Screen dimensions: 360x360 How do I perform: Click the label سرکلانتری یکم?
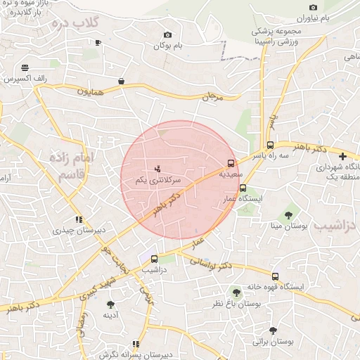tap(158, 181)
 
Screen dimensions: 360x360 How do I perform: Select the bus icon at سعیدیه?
tap(232, 164)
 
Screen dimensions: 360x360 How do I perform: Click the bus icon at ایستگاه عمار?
tap(243, 188)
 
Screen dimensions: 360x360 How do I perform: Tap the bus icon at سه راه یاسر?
tap(271, 144)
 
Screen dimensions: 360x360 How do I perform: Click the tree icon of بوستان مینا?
tap(288, 214)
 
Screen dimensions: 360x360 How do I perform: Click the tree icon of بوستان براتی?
tap(273, 330)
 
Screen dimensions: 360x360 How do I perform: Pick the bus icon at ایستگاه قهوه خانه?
tap(274, 276)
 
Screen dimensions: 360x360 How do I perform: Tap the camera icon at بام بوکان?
tap(167, 35)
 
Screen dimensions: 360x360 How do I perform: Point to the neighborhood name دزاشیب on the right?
tap(335, 225)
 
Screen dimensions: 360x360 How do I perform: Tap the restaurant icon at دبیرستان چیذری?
tap(79, 219)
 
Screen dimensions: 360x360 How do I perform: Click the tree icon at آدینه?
tap(110, 304)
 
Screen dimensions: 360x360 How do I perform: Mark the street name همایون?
tap(91, 91)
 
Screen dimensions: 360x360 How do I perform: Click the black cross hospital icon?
tap(342, 156)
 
